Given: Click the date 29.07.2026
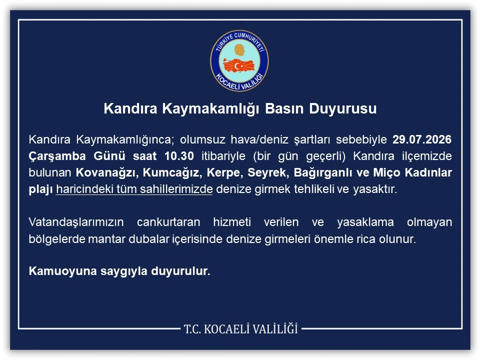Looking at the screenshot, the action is click(422, 139).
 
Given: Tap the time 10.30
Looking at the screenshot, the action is click(179, 156).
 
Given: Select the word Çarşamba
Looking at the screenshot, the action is click(57, 156).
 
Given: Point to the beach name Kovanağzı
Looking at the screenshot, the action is click(105, 173).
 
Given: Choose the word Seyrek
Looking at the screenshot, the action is click(267, 173).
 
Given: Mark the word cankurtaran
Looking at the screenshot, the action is click(168, 222).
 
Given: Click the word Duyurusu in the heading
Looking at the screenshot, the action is click(343, 108).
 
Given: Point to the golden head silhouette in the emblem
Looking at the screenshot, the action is click(240, 50).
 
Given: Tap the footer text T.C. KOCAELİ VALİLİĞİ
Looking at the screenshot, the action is click(240, 329).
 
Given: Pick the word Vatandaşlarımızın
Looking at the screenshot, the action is click(76, 222).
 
